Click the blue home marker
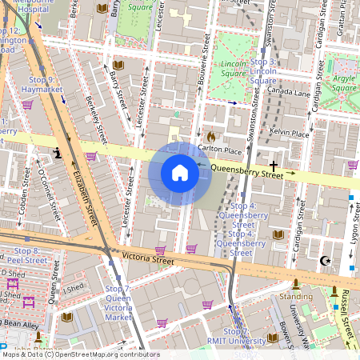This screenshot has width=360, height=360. (x=180, y=173)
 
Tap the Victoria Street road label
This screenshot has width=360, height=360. (x=148, y=259)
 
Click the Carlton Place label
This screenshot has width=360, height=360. (x=220, y=150)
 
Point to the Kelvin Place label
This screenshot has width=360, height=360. (x=290, y=134)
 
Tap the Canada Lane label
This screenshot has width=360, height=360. (x=289, y=92)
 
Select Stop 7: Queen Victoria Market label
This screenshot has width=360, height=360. (x=118, y=302)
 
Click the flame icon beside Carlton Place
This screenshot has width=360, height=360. (x=210, y=136)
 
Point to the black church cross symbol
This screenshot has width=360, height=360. (x=273, y=164)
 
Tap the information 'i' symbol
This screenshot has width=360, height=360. (x=57, y=152)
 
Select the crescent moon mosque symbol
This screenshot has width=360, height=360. (x=324, y=260)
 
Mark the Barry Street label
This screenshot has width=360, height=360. (x=118, y=90)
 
